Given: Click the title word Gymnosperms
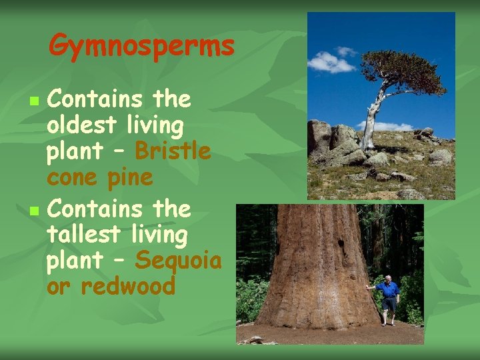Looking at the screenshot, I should [141, 47].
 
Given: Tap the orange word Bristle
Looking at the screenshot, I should [173, 152].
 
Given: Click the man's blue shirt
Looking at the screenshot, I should [387, 289].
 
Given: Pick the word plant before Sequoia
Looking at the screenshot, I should [73, 260].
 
